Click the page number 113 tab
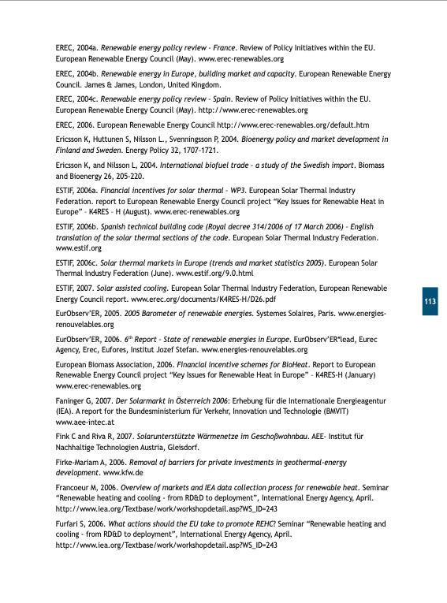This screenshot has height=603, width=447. coord(430,303)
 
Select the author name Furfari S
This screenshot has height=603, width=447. coord(76,523)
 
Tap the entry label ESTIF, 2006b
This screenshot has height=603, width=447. coord(78,226)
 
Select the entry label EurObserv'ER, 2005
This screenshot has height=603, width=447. coord(89,314)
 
